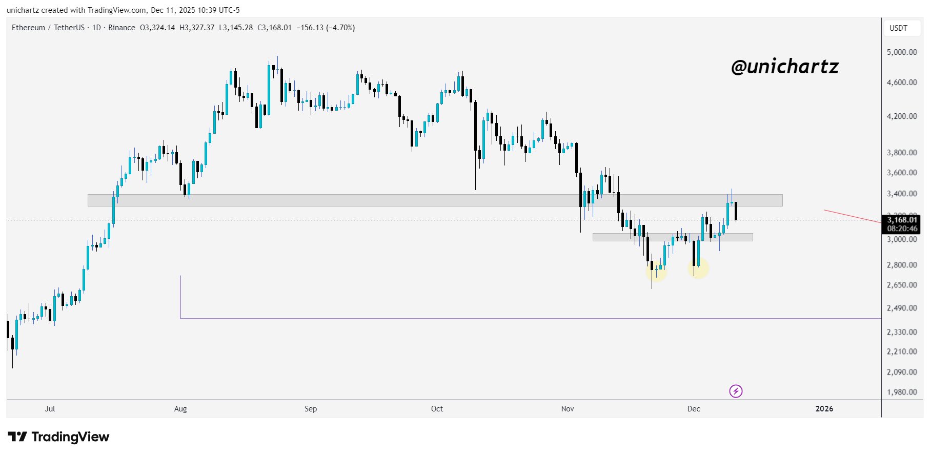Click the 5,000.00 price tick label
902,52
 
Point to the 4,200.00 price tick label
902,116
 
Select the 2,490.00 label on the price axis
902,308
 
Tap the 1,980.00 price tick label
902,392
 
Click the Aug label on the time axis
180,409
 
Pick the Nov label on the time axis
568,409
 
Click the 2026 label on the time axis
824,409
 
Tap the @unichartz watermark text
785,67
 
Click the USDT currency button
898,28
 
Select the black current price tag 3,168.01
902,220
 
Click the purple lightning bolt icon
736,391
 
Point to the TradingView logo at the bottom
59,437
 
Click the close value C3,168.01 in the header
274,28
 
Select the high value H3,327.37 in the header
197,28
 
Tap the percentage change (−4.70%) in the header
340,28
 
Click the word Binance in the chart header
122,28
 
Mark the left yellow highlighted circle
656,271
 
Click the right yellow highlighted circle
698,268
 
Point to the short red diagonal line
852,216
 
